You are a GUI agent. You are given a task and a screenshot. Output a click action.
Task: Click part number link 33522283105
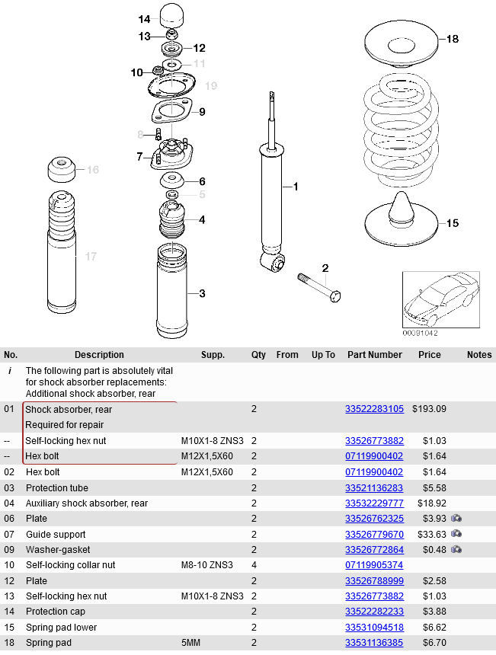[374, 409]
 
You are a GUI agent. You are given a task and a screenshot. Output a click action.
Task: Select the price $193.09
[429, 409]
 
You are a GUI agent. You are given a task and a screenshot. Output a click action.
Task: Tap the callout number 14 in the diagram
[145, 19]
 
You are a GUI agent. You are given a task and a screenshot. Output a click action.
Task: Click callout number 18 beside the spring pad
[453, 39]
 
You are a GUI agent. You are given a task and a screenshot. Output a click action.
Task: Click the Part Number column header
[374, 355]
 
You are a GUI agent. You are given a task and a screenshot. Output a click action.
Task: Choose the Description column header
[99, 355]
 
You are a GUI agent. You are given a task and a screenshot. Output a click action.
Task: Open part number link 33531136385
[374, 643]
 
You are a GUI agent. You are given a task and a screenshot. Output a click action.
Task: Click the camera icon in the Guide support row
[456, 534]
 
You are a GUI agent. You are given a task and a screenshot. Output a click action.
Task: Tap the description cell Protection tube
[57, 487]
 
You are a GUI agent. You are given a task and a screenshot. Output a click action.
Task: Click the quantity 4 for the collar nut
[254, 565]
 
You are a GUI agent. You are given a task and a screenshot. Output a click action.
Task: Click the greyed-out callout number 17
[91, 257]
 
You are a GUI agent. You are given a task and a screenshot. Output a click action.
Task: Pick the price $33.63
[429, 535]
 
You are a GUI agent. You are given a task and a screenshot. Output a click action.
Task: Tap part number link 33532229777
[374, 503]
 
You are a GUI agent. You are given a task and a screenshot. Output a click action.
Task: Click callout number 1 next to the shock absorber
[296, 187]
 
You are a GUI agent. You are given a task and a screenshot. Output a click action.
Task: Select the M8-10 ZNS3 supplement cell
[207, 565]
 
